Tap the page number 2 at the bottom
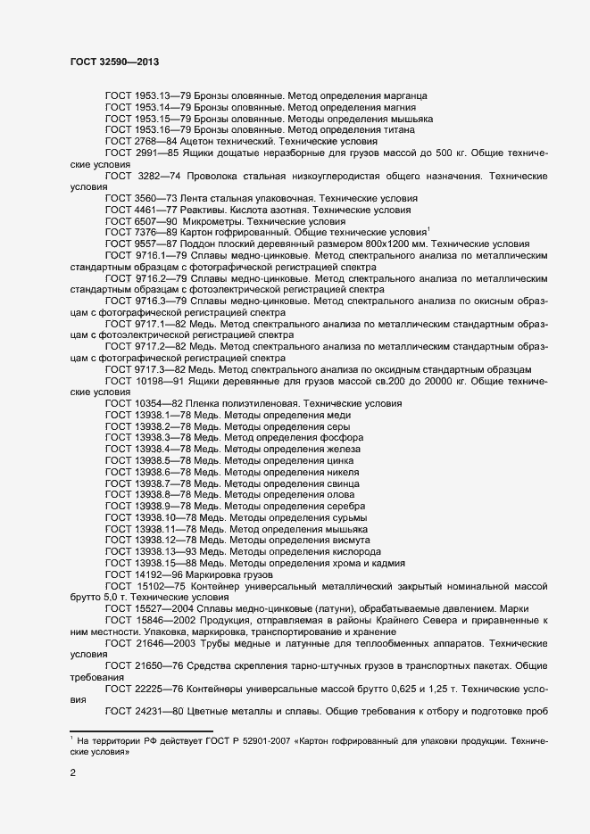(x=72, y=774)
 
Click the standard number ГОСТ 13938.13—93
(x=147, y=552)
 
